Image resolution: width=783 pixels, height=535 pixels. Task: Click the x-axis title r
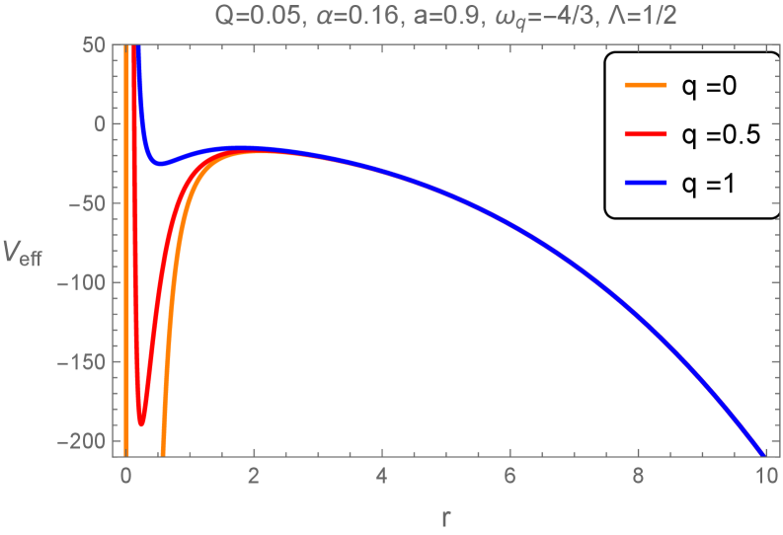pos(445,515)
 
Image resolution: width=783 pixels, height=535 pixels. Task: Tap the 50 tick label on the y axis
pos(96,45)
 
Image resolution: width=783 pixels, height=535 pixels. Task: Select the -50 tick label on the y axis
pos(90,204)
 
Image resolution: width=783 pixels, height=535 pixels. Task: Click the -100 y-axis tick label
pos(86,283)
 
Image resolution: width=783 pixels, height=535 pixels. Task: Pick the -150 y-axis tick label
pos(86,363)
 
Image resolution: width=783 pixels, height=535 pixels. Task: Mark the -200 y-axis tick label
pos(86,442)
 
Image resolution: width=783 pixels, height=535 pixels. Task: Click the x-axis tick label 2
pos(254,474)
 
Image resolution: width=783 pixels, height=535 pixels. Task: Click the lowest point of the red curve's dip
pos(141,423)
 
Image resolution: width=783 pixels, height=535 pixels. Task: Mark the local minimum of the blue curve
pos(159,164)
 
